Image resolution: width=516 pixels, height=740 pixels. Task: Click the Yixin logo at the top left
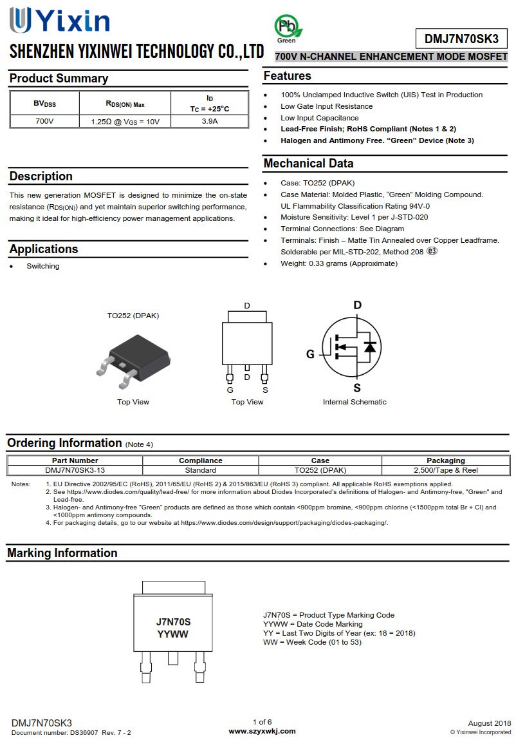tap(59, 21)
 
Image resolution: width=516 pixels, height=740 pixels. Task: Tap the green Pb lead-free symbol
tap(287, 28)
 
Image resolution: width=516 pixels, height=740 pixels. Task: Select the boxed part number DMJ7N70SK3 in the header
tap(461, 39)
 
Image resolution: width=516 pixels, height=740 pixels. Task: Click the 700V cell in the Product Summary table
tap(44, 121)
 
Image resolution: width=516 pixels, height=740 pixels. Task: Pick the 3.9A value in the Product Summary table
tap(209, 121)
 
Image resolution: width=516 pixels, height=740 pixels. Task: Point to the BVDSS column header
tap(44, 103)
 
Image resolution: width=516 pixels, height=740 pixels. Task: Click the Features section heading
tap(288, 76)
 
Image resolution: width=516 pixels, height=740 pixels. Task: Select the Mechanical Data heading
tap(308, 164)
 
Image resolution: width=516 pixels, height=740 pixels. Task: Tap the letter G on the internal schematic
tap(310, 354)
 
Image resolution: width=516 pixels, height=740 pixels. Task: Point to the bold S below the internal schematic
tap(357, 387)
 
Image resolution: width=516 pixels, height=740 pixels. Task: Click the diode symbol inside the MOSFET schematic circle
tap(369, 346)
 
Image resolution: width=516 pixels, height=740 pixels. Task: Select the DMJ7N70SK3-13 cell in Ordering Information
tap(75, 470)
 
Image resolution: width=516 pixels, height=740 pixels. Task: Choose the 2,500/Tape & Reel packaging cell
tap(445, 470)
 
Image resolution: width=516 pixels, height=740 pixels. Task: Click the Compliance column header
tap(200, 460)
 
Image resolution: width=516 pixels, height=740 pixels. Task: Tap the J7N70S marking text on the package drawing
tap(173, 622)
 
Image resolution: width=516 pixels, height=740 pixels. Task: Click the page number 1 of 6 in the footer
tap(262, 722)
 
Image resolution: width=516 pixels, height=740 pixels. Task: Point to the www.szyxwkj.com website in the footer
tap(262, 731)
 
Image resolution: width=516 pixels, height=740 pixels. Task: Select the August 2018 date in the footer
tap(490, 723)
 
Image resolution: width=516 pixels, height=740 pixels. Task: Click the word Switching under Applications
tap(42, 266)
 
